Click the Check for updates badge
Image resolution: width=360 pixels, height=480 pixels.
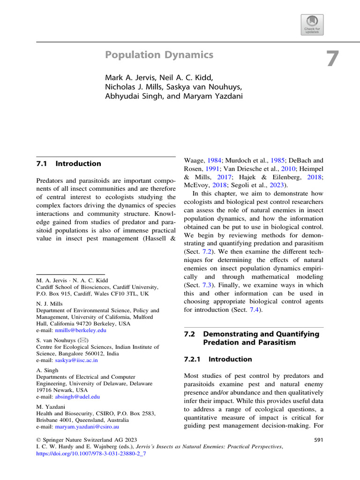pos(312,24)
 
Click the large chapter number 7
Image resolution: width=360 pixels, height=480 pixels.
pos(332,60)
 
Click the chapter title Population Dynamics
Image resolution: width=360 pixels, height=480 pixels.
pos(159,55)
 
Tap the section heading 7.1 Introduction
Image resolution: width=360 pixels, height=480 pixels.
pos(68,164)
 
